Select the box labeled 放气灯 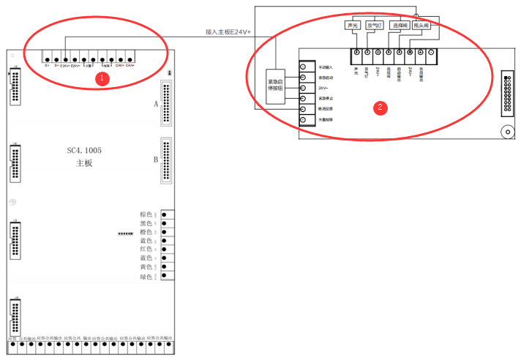[375, 26]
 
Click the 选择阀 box [400, 26]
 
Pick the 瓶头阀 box [423, 26]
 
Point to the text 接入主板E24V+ [228, 33]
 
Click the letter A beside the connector [156, 104]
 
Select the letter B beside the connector [156, 159]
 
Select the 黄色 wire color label [146, 268]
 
